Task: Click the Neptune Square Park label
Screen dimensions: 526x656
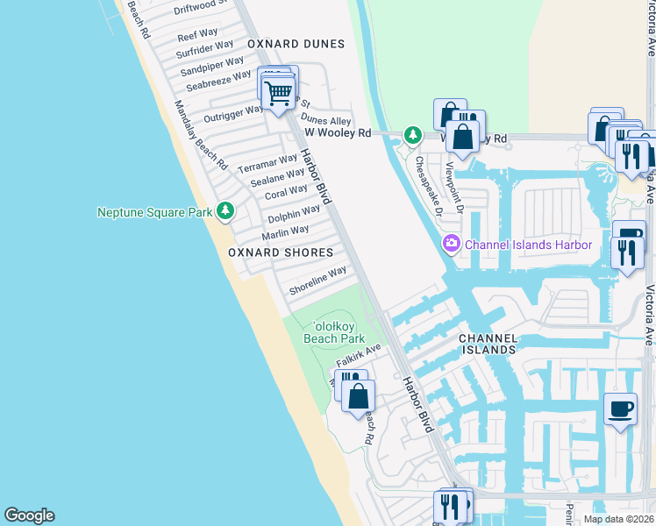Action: point(154,212)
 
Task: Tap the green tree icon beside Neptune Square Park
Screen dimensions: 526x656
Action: point(225,210)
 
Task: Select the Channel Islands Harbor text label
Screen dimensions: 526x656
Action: point(529,245)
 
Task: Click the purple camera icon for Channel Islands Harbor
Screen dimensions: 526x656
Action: point(452,243)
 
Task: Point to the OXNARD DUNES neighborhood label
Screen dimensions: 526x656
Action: point(296,43)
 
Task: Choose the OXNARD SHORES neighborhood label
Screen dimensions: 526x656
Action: point(281,252)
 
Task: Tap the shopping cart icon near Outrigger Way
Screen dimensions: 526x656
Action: point(279,91)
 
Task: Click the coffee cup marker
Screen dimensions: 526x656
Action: point(621,408)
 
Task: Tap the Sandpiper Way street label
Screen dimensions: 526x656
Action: point(211,66)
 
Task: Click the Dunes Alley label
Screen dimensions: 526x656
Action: point(326,120)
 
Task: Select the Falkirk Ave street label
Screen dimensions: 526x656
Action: point(359,355)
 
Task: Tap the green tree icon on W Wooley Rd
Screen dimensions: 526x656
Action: point(412,135)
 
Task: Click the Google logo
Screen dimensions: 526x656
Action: point(29,515)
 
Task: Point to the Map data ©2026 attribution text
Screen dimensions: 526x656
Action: point(618,519)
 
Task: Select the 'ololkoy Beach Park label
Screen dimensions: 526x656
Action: point(333,331)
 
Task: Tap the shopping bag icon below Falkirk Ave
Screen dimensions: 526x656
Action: point(358,396)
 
